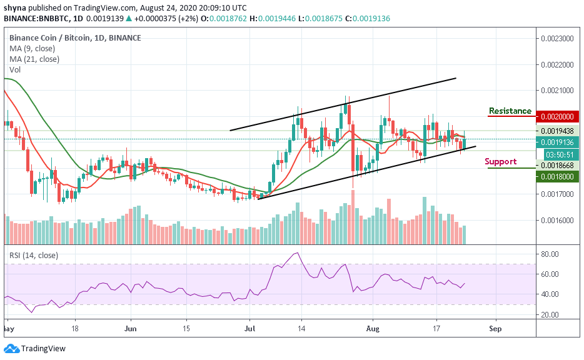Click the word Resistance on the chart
[510, 111]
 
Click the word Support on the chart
[500, 162]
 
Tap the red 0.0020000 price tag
[558, 117]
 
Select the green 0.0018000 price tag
[558, 177]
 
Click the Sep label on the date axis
[495, 327]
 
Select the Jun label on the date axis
[131, 327]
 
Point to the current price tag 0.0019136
[558, 142]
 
